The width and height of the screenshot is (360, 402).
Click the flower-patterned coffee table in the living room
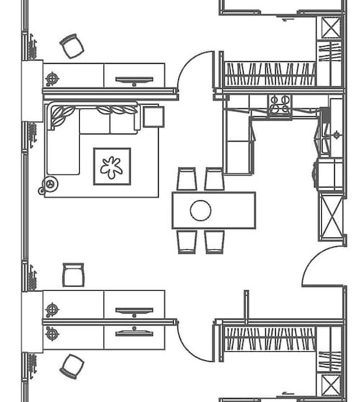[x=112, y=167]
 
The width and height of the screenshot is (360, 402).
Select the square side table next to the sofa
[x=151, y=116]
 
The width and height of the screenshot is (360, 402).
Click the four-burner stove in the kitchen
[x=280, y=105]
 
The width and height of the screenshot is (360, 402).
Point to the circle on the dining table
[x=200, y=210]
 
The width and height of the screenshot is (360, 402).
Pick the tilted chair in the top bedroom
[x=71, y=46]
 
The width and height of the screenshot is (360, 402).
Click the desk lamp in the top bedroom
[x=52, y=78]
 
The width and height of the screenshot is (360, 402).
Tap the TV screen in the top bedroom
[x=134, y=80]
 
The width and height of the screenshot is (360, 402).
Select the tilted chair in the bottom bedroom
[x=71, y=366]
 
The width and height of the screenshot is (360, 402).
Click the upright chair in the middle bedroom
[x=73, y=275]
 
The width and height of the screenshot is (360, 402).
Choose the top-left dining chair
[x=187, y=179]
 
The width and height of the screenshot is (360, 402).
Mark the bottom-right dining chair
[x=214, y=241]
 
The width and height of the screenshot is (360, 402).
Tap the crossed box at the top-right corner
[x=330, y=27]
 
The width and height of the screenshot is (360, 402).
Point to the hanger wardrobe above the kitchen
[x=269, y=73]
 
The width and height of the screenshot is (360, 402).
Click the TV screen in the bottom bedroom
[x=134, y=332]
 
